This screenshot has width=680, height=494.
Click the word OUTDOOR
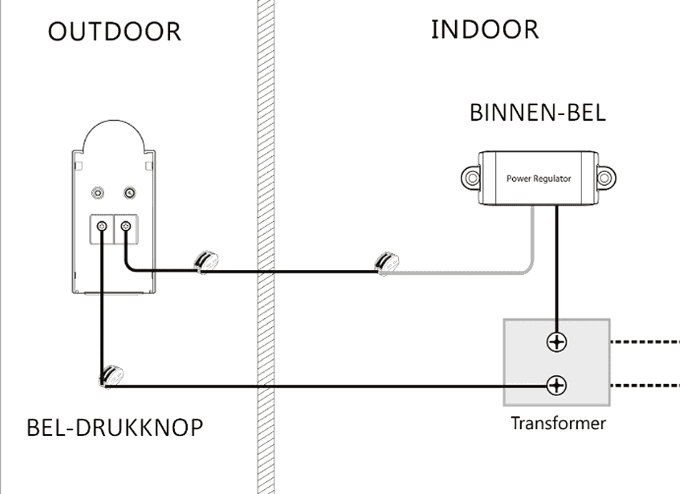(x=114, y=32)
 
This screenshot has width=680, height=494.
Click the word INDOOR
(x=484, y=30)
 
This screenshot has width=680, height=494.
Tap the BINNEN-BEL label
(x=537, y=114)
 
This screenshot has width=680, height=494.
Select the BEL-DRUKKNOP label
(x=114, y=428)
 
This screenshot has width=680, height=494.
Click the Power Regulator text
(x=539, y=178)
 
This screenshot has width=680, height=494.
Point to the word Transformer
(x=558, y=423)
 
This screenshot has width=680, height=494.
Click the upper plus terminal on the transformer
(x=556, y=342)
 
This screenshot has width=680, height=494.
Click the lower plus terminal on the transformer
(x=556, y=386)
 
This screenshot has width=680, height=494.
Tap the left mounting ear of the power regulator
(x=471, y=176)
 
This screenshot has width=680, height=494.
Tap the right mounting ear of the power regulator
(x=606, y=176)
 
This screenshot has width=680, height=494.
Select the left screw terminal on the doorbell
(x=102, y=226)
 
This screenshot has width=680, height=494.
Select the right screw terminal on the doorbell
(x=126, y=226)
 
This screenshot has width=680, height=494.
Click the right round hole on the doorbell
(x=129, y=192)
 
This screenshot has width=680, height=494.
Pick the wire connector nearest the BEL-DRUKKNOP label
(x=111, y=375)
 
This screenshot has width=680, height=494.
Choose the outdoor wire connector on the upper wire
(x=206, y=261)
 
